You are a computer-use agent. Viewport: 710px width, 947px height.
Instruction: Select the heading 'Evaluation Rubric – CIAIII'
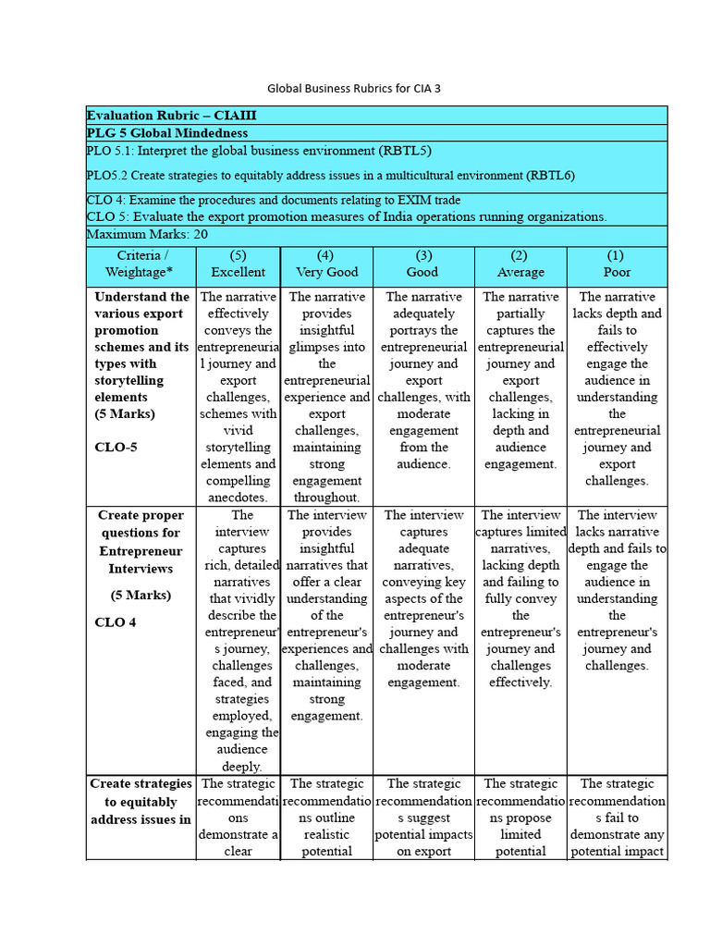[172, 116]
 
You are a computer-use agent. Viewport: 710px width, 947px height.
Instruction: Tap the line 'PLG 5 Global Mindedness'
[167, 133]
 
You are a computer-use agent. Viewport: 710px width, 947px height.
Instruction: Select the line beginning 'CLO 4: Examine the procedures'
[274, 200]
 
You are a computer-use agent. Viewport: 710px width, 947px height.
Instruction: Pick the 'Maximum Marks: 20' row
[147, 235]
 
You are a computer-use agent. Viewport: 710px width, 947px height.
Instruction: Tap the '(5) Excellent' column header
[238, 264]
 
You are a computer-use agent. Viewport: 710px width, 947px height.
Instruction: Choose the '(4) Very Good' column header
[326, 264]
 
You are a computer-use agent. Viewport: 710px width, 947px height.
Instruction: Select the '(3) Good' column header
[422, 264]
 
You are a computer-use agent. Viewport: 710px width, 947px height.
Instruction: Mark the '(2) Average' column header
[520, 264]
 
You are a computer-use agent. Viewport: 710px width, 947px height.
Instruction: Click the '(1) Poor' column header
[616, 264]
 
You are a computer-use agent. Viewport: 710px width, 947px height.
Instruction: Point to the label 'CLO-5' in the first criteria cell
[116, 448]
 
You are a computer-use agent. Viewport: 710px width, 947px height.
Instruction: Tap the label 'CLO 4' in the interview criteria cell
[116, 622]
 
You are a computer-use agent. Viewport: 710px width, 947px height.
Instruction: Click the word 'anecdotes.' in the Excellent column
[238, 498]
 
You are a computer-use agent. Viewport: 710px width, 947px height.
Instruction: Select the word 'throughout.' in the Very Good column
[326, 498]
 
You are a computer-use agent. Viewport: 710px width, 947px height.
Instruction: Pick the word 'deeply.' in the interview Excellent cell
[242, 766]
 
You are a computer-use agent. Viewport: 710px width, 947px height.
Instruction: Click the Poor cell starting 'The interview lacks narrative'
[617, 590]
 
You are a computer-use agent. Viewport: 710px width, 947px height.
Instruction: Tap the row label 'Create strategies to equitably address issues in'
[141, 802]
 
